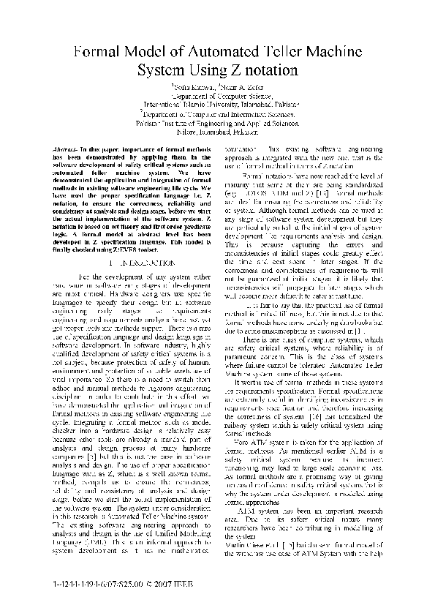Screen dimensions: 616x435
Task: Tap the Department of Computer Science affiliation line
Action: pos(217,96)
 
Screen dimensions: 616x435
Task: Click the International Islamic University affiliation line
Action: pos(217,105)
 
